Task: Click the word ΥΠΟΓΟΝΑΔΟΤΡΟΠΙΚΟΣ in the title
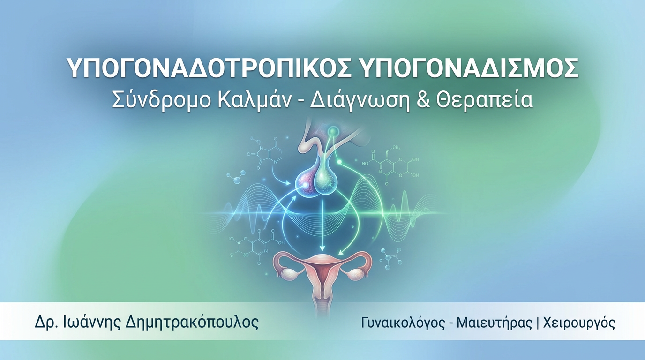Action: tap(209, 68)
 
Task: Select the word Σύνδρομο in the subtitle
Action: tap(162, 100)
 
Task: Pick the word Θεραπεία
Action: tap(484, 100)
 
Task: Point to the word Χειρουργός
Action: tap(579, 323)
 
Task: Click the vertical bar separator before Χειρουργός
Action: tap(538, 323)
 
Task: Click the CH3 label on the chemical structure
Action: tap(397, 148)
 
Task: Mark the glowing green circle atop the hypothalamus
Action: tap(333, 132)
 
